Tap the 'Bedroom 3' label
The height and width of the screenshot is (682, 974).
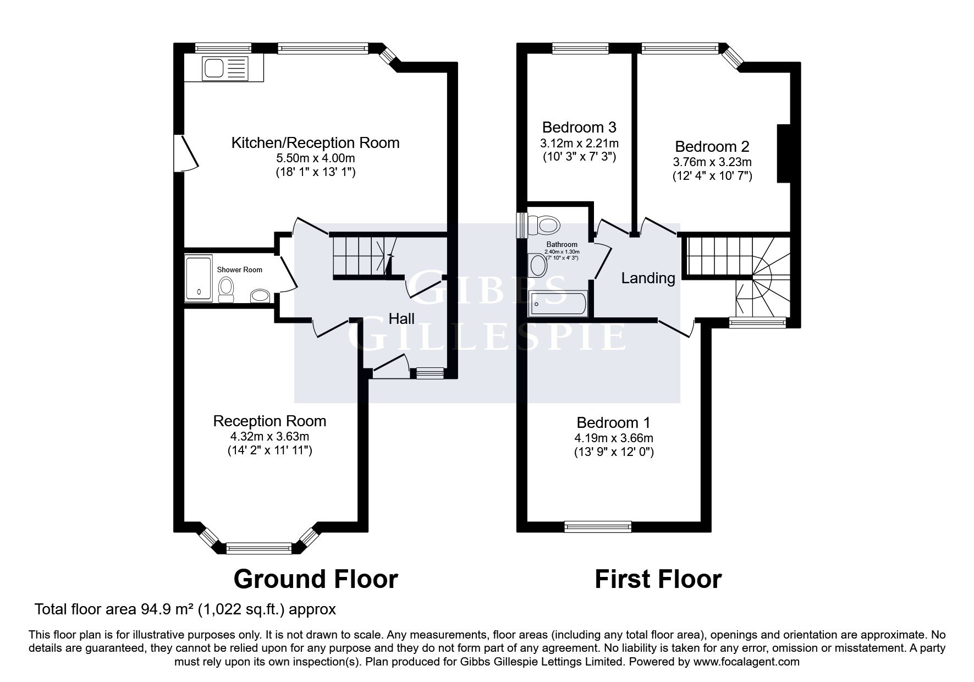[579, 128]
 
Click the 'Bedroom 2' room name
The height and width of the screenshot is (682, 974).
[712, 147]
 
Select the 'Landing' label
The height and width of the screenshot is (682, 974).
[648, 278]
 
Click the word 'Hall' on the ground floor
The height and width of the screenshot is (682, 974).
[401, 318]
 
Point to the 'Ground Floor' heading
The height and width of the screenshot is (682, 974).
[316, 579]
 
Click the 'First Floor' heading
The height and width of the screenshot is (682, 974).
[658, 579]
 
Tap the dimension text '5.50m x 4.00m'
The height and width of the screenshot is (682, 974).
[316, 158]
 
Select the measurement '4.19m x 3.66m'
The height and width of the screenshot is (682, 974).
[613, 438]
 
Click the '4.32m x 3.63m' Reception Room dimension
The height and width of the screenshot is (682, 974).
[269, 437]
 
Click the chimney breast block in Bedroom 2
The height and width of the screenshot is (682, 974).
[783, 153]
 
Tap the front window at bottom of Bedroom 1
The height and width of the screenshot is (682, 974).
[598, 526]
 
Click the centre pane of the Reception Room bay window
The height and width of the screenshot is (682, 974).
[259, 547]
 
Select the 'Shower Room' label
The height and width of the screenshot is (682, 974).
[240, 269]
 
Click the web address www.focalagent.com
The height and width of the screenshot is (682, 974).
[746, 662]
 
